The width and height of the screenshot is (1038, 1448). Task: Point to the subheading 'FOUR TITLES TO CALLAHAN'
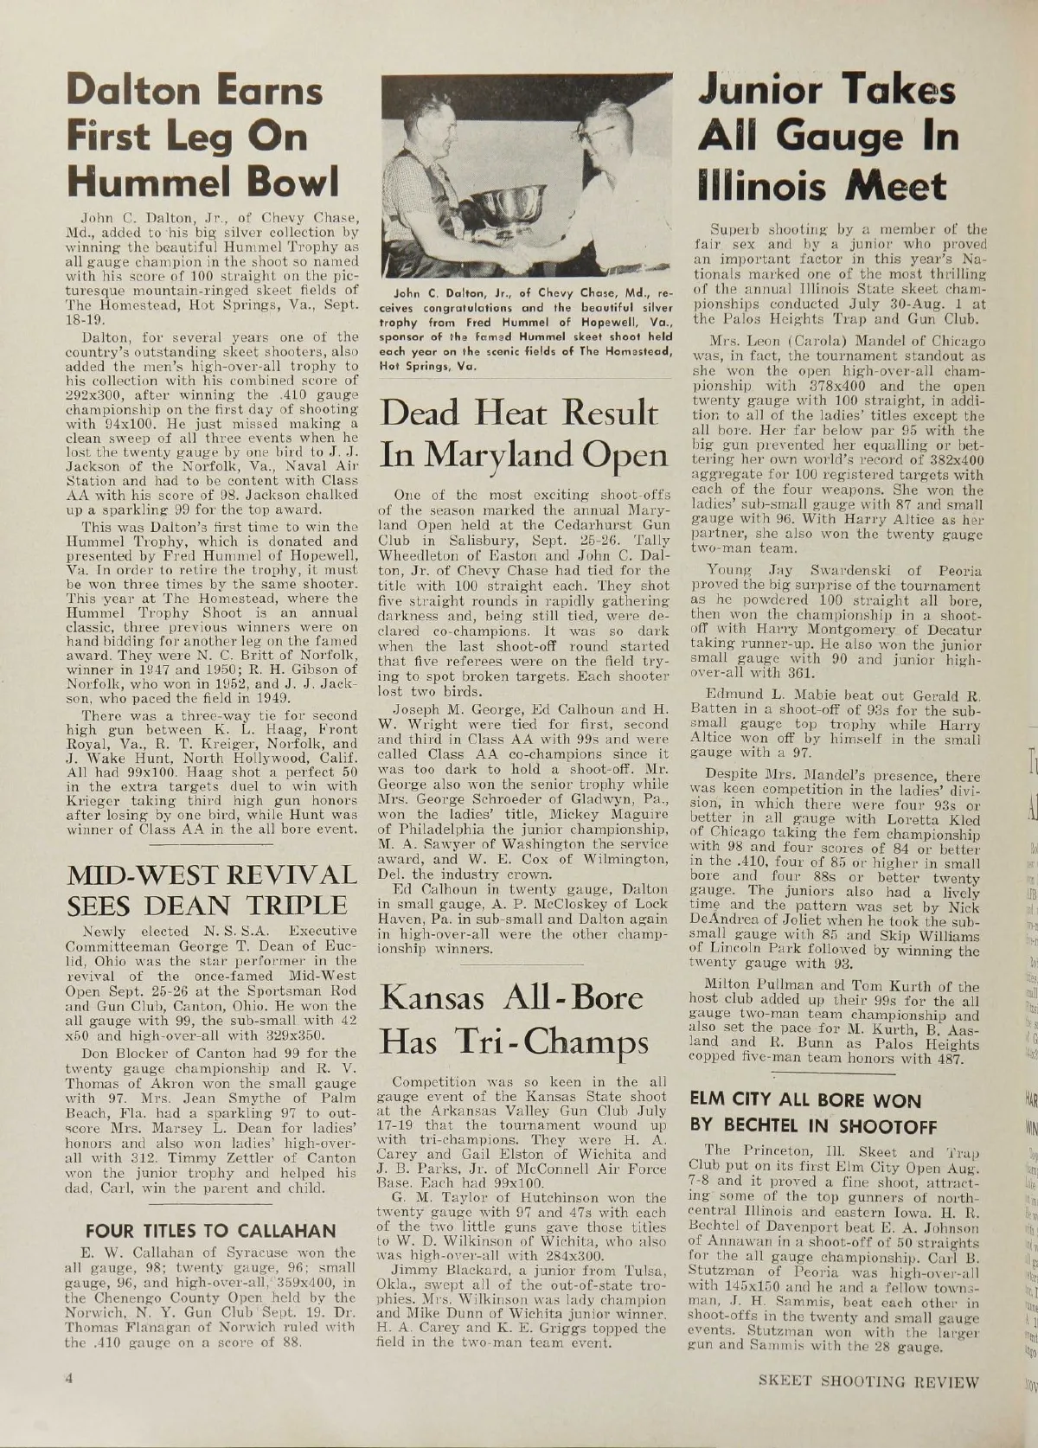click(x=208, y=1230)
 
